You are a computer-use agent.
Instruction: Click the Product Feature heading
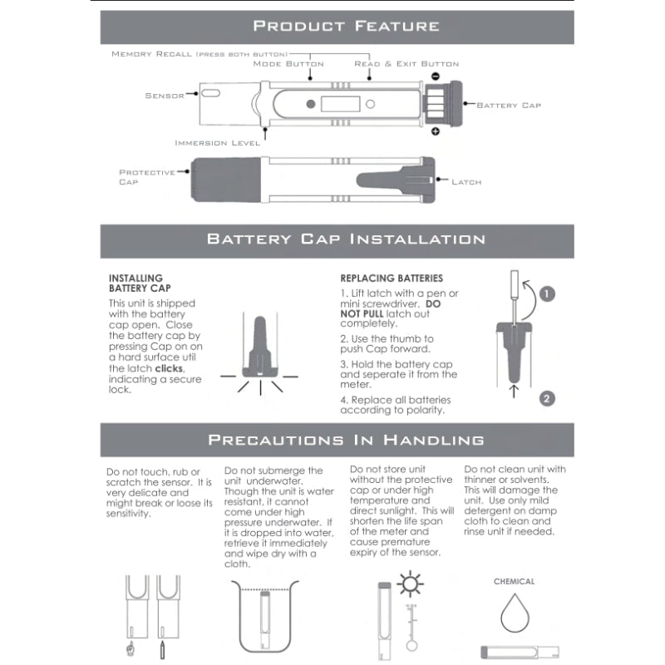[x=346, y=26]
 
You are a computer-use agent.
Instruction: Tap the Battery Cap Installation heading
[x=346, y=239]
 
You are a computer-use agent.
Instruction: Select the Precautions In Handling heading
[x=346, y=439]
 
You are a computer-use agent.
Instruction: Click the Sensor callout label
[x=165, y=96]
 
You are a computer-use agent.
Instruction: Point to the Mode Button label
[x=288, y=64]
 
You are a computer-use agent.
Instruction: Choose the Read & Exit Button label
[x=406, y=64]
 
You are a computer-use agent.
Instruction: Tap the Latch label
[x=466, y=181]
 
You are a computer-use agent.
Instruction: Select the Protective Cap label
[x=146, y=177]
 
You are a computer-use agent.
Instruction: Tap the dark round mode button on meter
[x=311, y=105]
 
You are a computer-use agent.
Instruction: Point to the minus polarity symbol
[x=435, y=76]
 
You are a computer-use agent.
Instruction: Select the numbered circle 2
[x=546, y=398]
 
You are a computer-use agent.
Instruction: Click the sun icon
[x=409, y=584]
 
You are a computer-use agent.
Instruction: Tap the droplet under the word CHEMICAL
[x=515, y=616]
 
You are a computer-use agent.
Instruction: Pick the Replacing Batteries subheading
[x=392, y=278]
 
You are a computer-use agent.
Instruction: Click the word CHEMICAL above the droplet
[x=515, y=582]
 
